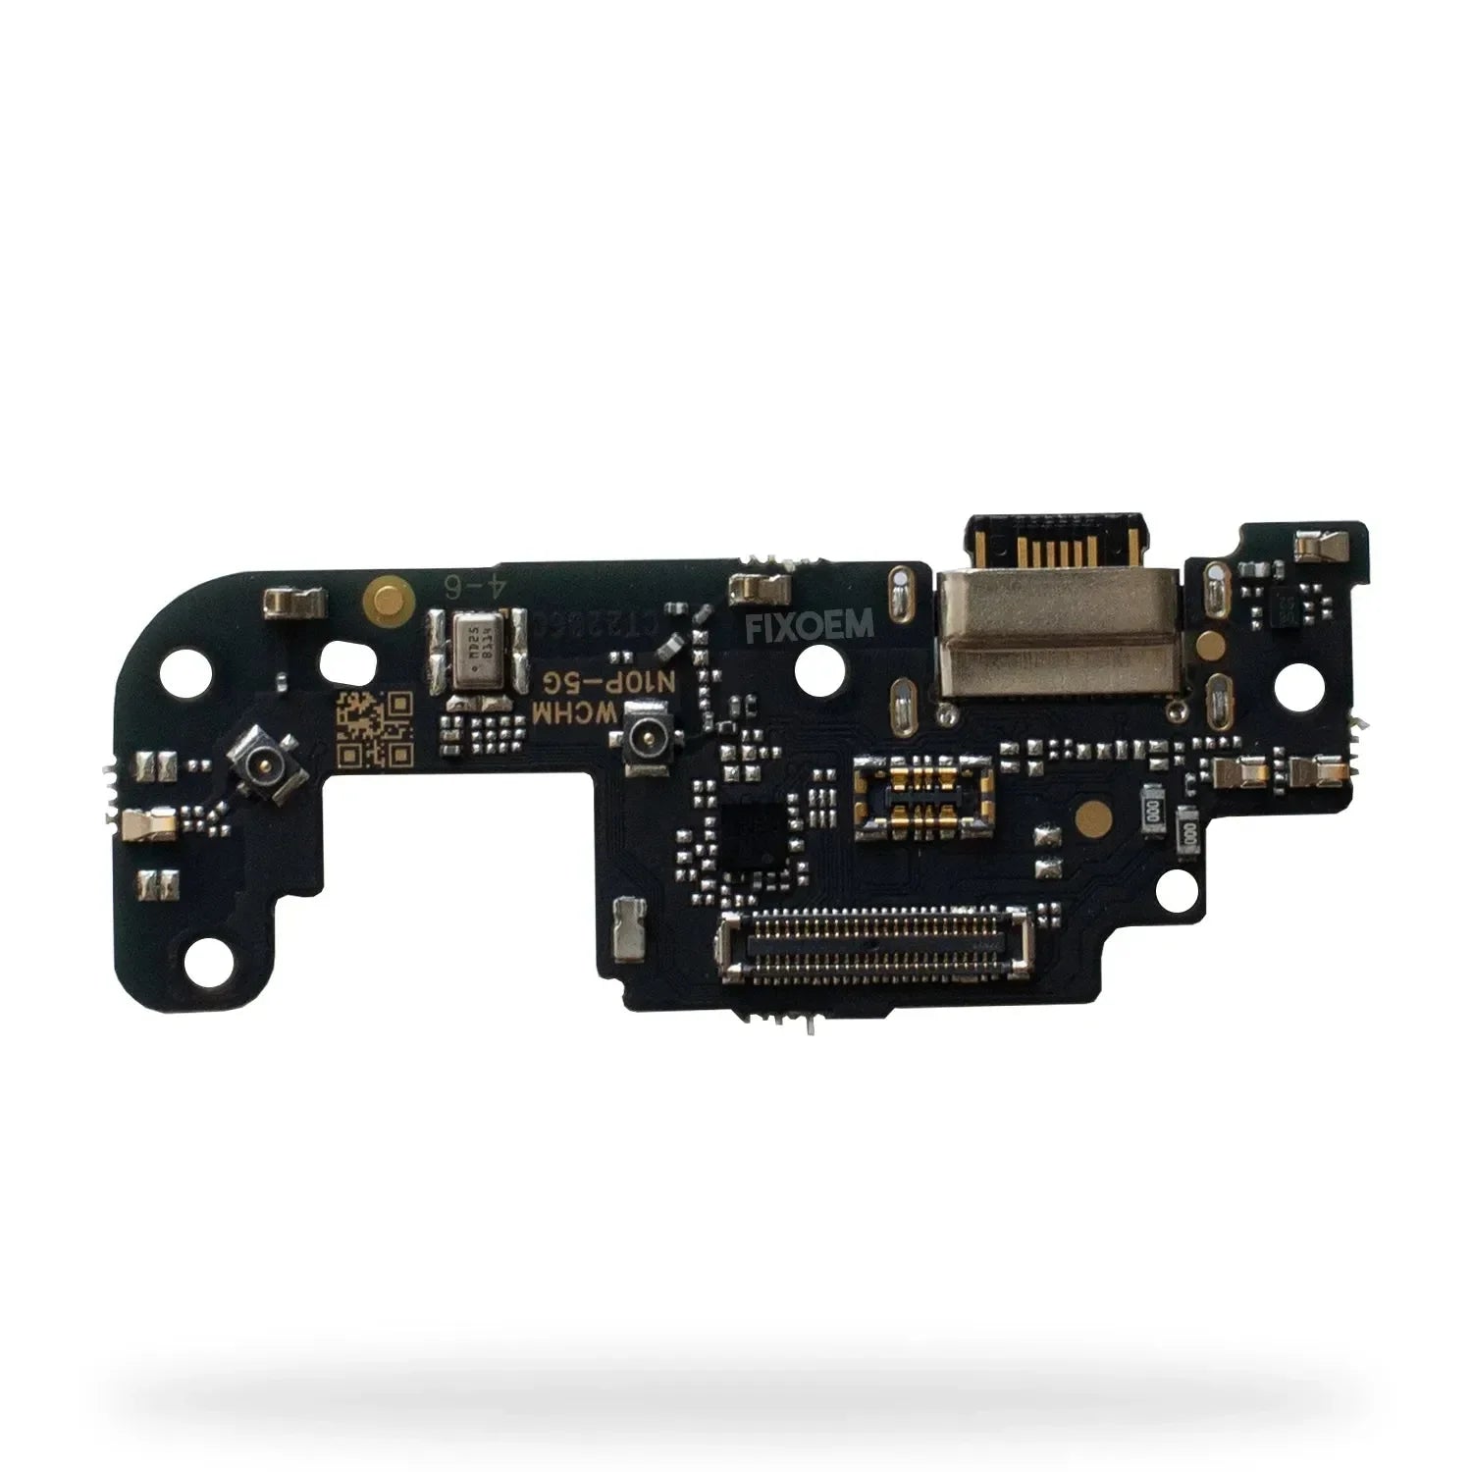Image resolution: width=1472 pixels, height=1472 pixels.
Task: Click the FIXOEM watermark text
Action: (811, 626)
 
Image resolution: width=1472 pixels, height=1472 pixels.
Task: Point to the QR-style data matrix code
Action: (374, 729)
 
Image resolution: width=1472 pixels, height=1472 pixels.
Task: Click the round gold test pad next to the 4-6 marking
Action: (379, 592)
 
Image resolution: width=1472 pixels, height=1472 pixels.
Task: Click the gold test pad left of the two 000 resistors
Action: (1086, 813)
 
